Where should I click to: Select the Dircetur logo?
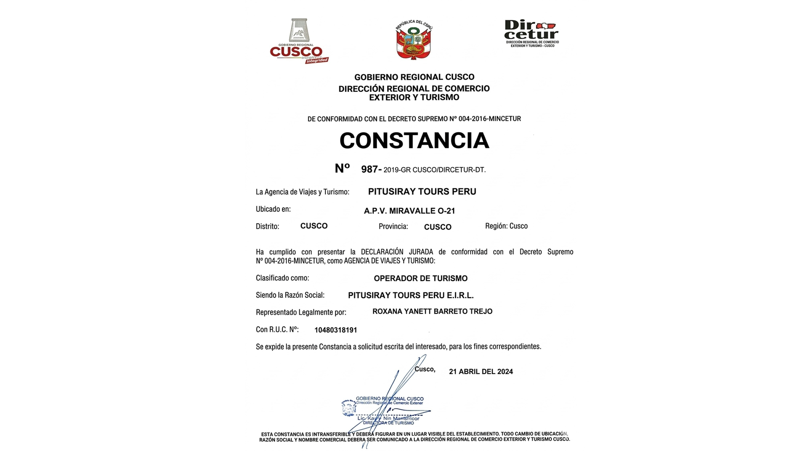532,33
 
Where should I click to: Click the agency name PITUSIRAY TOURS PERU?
422,191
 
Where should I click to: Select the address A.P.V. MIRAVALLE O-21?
409,211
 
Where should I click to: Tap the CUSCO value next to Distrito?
314,226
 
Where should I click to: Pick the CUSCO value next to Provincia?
437,227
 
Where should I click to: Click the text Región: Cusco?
506,226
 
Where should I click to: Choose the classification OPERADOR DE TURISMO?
421,278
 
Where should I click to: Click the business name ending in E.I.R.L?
411,295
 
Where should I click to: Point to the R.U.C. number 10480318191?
336,330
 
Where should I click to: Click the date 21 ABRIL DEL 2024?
481,371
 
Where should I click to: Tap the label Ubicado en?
273,209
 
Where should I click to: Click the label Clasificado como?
282,278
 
